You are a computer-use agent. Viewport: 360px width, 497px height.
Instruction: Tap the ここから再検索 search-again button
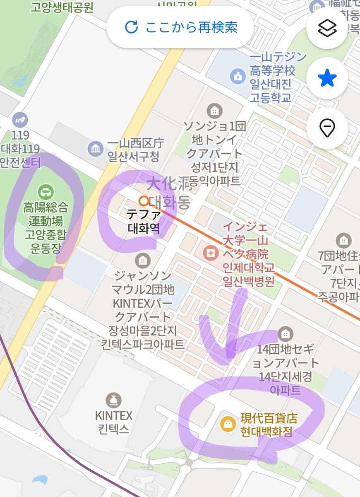(x=181, y=27)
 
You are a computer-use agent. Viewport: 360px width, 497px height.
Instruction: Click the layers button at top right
(x=327, y=28)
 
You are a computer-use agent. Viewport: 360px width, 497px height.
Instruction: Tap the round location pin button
(x=327, y=128)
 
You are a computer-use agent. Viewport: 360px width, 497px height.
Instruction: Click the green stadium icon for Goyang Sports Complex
(x=45, y=192)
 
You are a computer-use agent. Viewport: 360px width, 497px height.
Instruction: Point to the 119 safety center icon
(x=19, y=119)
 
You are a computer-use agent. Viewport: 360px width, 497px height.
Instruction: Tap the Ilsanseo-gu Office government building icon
(x=95, y=148)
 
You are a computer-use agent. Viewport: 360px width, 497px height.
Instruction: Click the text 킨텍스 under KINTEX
(x=113, y=428)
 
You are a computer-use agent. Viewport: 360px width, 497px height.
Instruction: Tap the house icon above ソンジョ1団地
(x=214, y=111)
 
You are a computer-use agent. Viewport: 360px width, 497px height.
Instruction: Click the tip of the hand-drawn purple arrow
(x=229, y=356)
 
